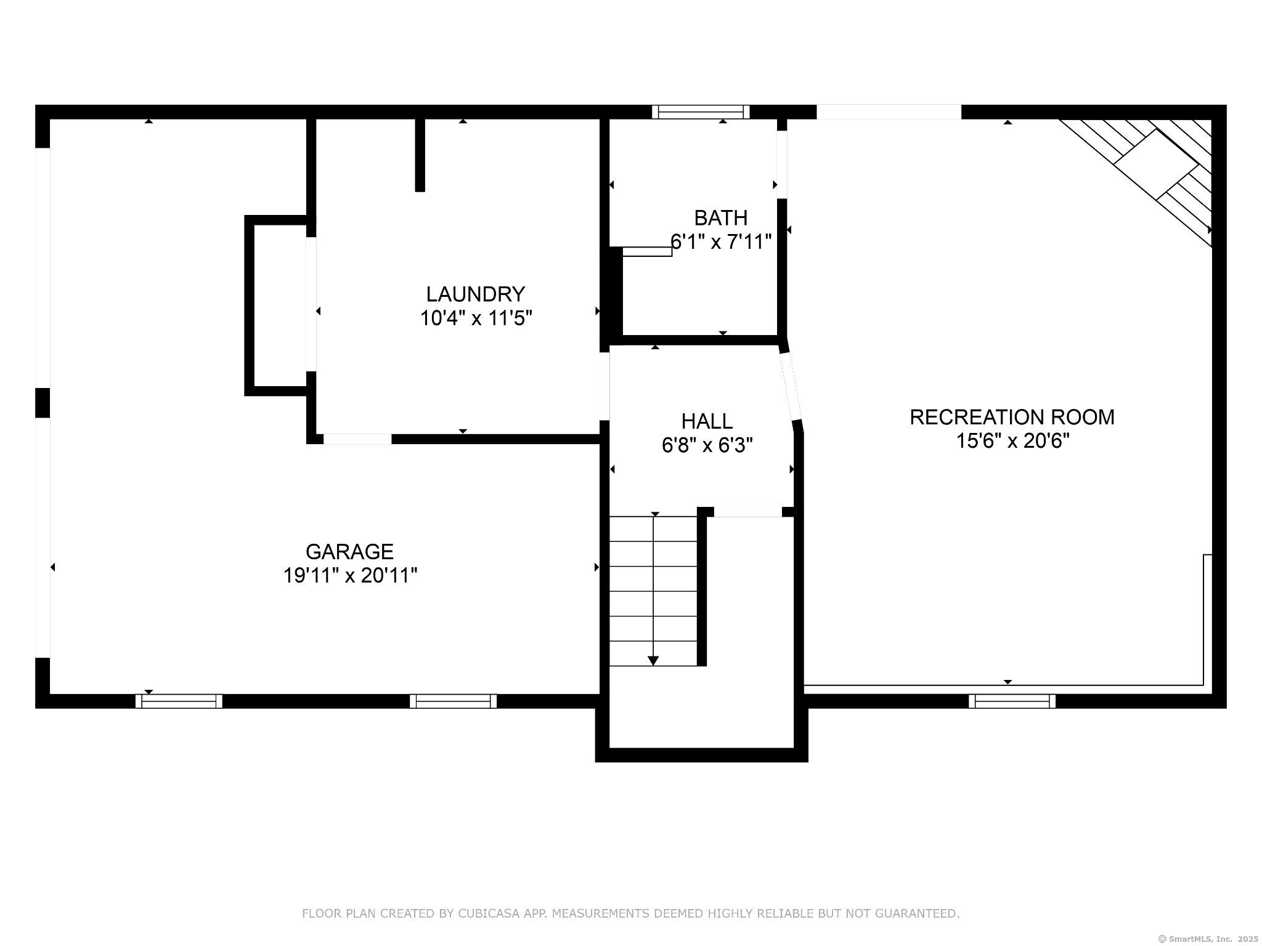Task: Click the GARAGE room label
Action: (349, 551)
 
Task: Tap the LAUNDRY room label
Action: (476, 294)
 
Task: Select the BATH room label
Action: (721, 218)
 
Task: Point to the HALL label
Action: (707, 421)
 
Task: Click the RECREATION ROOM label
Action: (1012, 417)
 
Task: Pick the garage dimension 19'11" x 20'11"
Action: (350, 576)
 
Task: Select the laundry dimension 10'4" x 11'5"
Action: (476, 318)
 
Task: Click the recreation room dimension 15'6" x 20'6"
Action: (1012, 441)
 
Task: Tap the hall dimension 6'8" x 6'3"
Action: (707, 445)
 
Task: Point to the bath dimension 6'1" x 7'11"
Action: (721, 241)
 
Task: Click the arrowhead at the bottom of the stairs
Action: (653, 661)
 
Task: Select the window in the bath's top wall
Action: (701, 111)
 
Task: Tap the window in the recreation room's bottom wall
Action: (1012, 701)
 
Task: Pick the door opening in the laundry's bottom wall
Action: (357, 439)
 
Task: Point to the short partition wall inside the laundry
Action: (420, 155)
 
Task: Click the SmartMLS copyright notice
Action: (1208, 939)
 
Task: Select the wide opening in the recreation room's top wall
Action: (889, 111)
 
